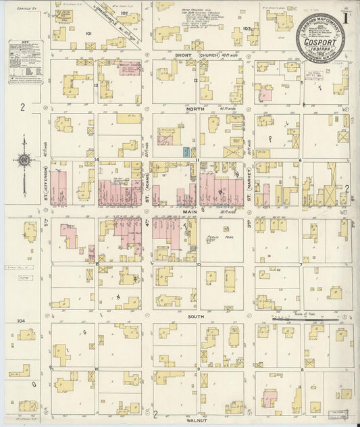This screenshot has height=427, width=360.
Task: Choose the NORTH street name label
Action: click(x=195, y=108)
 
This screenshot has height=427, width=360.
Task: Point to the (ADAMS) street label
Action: click(x=147, y=186)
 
